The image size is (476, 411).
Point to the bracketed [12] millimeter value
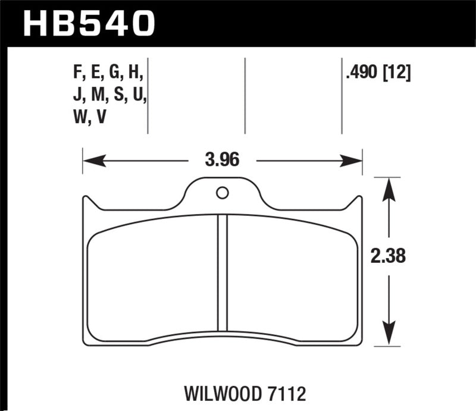396,74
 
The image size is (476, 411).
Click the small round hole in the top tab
222,193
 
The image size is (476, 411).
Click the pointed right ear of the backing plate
358,201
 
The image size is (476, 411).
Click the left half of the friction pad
152,277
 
